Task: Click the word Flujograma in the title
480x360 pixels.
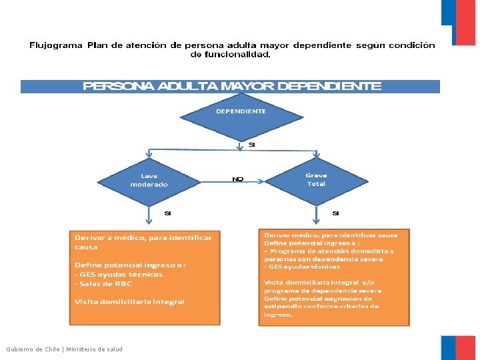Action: tap(56, 45)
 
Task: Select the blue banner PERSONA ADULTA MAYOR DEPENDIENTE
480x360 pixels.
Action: tap(231, 86)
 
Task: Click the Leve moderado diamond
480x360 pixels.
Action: tap(149, 181)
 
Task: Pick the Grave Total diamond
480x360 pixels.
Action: tap(316, 180)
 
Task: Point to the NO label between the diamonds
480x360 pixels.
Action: tap(237, 179)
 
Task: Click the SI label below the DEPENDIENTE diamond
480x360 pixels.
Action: tap(251, 145)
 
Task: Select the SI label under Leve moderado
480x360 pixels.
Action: tap(168, 213)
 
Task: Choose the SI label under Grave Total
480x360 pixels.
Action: tap(335, 213)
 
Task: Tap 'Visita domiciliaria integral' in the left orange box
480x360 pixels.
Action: tap(129, 301)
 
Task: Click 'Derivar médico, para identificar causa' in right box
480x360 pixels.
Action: tap(331, 235)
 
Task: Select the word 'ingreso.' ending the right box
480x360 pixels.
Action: tap(278, 315)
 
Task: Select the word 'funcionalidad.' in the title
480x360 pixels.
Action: tap(231, 55)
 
